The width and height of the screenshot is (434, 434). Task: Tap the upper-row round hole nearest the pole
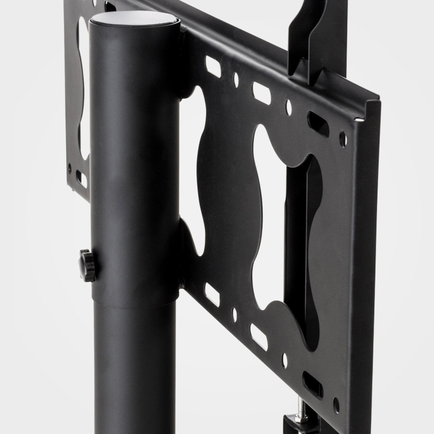[236, 80]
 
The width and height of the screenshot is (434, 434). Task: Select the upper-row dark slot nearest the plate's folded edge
[317, 123]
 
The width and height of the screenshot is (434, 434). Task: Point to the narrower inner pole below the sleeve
[136, 369]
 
